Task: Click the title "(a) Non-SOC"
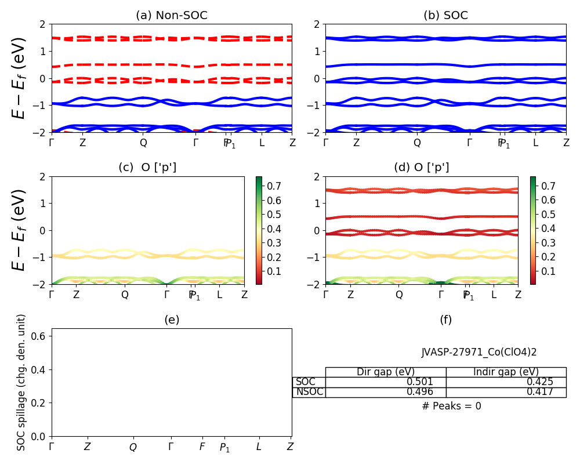pyautogui.click(x=172, y=16)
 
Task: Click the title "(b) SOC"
pyautogui.click(x=445, y=16)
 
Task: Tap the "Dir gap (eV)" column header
pyautogui.click(x=386, y=372)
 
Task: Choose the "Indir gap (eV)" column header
pyautogui.click(x=506, y=372)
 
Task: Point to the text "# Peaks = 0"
pyautogui.click(x=451, y=406)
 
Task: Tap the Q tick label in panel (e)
pyautogui.click(x=133, y=447)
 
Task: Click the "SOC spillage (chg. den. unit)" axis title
pyautogui.click(x=21, y=382)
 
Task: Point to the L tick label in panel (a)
pyautogui.click(x=262, y=143)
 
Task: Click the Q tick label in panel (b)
pyautogui.click(x=417, y=143)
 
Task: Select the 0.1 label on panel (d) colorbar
pyautogui.click(x=547, y=271)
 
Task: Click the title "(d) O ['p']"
pyautogui.click(x=422, y=168)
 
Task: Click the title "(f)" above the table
pyautogui.click(x=445, y=320)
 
